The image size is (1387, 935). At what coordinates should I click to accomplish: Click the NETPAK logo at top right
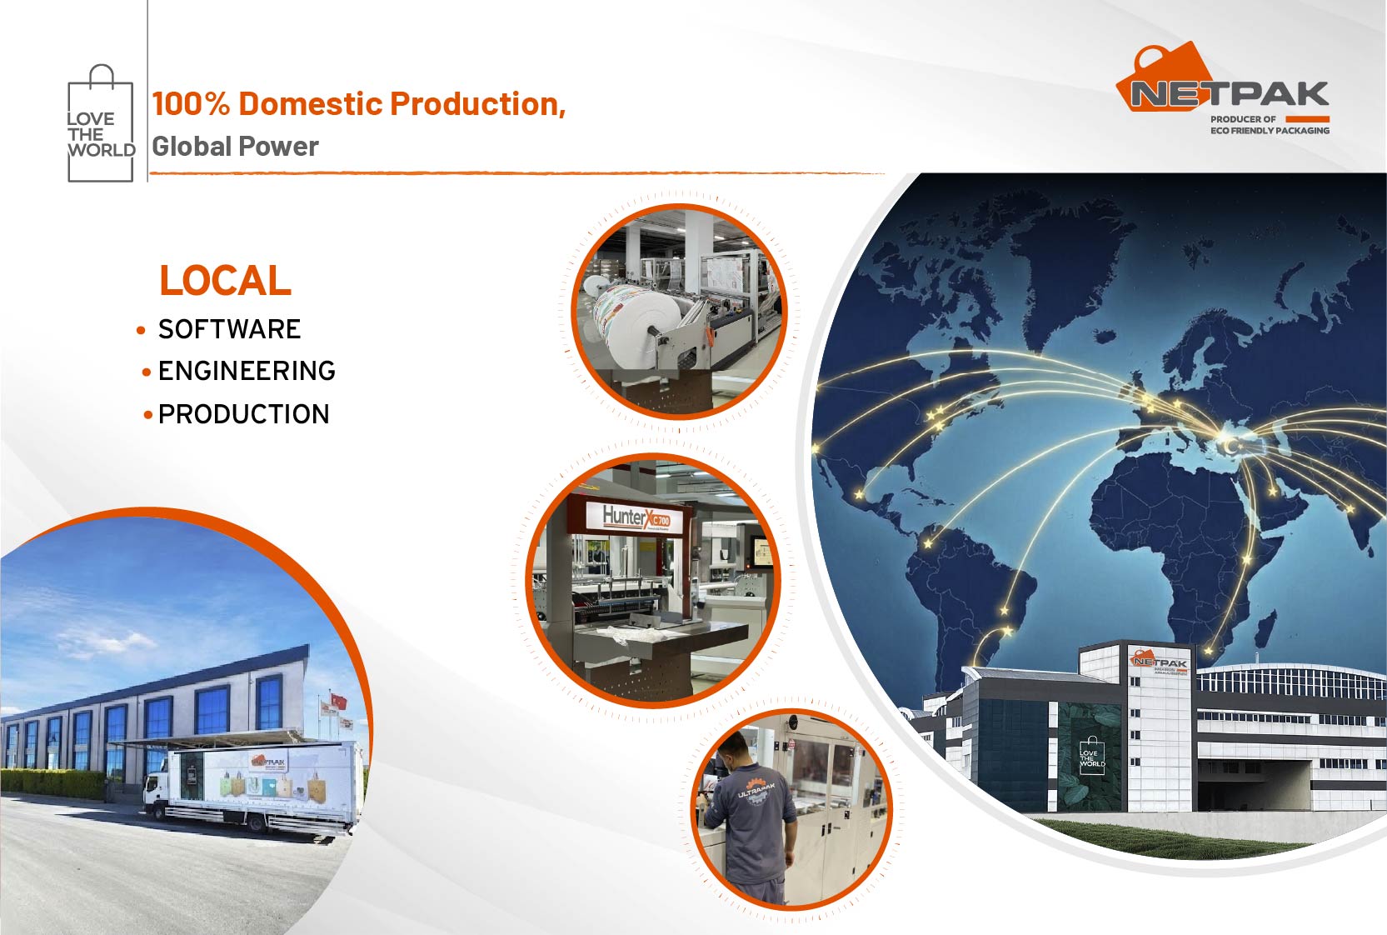pos(1223,87)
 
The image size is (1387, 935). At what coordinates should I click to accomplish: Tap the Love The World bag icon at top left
pos(100,125)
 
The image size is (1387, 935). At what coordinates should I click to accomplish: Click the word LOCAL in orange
pos(225,281)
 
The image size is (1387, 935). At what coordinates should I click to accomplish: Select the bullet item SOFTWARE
pos(229,329)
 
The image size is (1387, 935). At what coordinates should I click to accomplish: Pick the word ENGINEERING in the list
pos(247,371)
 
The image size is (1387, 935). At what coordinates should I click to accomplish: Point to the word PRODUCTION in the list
pos(243,414)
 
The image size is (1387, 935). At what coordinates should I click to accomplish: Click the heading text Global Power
pos(235,147)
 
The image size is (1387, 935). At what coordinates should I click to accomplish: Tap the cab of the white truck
pos(157,792)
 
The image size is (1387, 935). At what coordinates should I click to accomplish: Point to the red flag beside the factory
pos(337,702)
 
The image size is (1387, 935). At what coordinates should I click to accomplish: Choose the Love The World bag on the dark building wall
pos(1091,756)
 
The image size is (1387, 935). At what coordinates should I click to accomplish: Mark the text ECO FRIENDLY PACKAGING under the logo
pos(1269,131)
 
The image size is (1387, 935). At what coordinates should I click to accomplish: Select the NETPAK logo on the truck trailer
pos(269,762)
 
